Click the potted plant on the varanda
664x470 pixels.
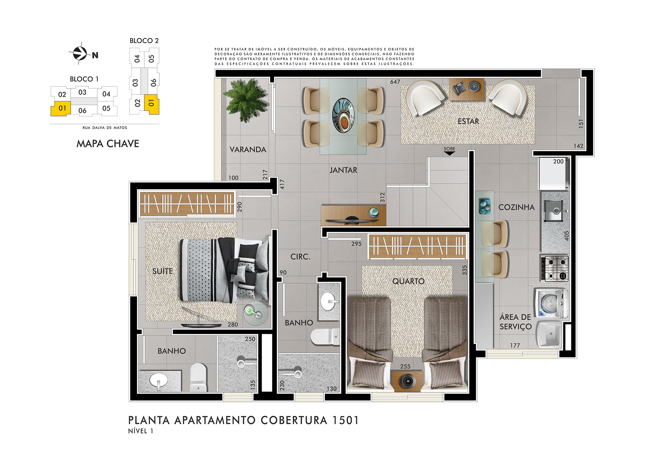[246, 99]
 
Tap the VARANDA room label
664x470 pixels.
[248, 150]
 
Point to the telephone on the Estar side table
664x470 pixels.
[459, 89]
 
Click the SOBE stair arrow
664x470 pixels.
[450, 153]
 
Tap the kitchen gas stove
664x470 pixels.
[554, 268]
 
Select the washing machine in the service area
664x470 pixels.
[551, 303]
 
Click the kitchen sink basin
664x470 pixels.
[553, 211]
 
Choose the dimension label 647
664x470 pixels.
[395, 82]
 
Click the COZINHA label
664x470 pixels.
[517, 207]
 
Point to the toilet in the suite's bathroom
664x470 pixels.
[198, 377]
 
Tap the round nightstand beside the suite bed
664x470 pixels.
[256, 313]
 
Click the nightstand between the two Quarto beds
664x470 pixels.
[407, 381]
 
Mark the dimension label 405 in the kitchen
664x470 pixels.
[567, 236]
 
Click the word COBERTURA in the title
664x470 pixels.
[294, 420]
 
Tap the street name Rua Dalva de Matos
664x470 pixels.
[105, 128]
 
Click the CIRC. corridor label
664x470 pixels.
[300, 257]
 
